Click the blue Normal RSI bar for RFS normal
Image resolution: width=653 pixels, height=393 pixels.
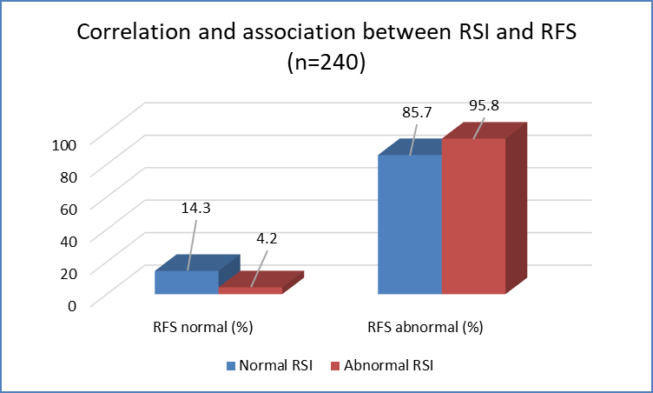pyautogui.click(x=187, y=283)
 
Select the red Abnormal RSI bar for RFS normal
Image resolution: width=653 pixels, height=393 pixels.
pyautogui.click(x=250, y=290)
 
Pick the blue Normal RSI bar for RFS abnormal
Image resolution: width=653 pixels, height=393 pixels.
pyautogui.click(x=410, y=224)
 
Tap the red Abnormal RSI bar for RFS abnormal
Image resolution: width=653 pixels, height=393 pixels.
pyautogui.click(x=473, y=216)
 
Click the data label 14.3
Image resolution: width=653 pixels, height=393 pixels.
pyautogui.click(x=195, y=208)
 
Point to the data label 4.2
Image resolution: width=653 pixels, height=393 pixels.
pyautogui.click(x=267, y=238)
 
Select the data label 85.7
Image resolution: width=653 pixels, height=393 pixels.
pyautogui.click(x=417, y=113)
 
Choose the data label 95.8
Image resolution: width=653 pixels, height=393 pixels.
pyautogui.click(x=484, y=105)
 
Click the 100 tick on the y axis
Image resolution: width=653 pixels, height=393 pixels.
pyautogui.click(x=64, y=145)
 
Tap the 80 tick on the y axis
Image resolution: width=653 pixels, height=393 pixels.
pyautogui.click(x=69, y=177)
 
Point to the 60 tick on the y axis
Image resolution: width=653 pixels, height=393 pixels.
pyautogui.click(x=69, y=209)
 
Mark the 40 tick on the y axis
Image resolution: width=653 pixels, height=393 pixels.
pyautogui.click(x=69, y=241)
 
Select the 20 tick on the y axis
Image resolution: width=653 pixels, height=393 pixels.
pyautogui.click(x=69, y=274)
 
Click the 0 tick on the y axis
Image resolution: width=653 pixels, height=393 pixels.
pyautogui.click(x=72, y=306)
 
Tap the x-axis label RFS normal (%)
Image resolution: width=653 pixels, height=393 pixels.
pyautogui.click(x=203, y=327)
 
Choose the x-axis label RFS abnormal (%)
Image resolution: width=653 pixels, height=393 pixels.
pyautogui.click(x=425, y=327)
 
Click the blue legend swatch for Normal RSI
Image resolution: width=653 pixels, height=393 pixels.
pyautogui.click(x=231, y=366)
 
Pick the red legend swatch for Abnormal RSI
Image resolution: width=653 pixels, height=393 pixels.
pyautogui.click(x=335, y=366)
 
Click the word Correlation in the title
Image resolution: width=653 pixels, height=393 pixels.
pyautogui.click(x=134, y=31)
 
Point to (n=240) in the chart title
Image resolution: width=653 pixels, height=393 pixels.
pyautogui.click(x=326, y=63)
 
